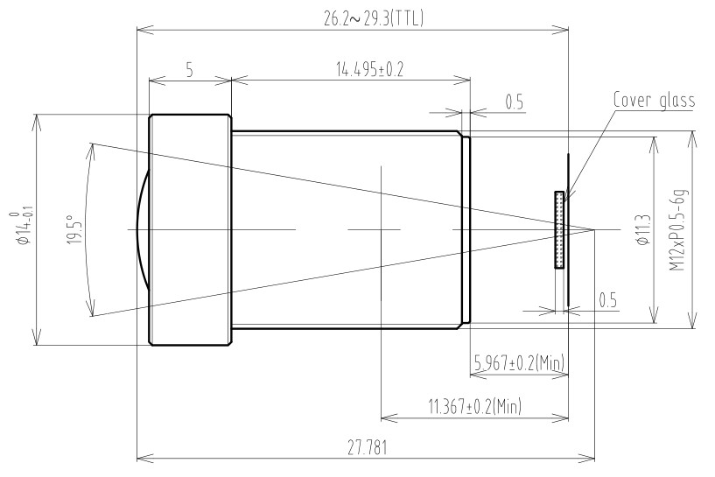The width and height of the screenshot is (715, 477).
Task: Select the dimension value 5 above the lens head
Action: [190, 70]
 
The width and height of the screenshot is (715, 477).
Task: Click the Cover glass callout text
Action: [654, 100]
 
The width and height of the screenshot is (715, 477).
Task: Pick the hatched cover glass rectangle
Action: [558, 229]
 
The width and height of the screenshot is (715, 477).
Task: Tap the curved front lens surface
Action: [144, 229]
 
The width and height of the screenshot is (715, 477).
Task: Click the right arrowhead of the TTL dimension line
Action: [564, 30]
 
